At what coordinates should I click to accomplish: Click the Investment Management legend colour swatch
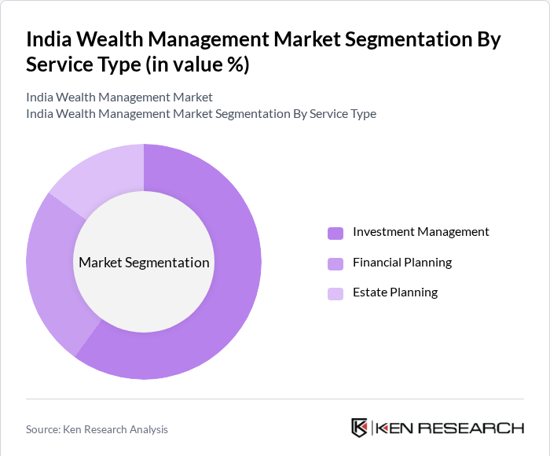(x=335, y=233)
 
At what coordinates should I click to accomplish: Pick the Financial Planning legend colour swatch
(x=335, y=263)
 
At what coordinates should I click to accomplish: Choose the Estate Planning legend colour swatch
(x=335, y=294)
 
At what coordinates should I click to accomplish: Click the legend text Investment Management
(x=420, y=232)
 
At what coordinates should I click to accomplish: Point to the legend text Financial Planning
(x=402, y=263)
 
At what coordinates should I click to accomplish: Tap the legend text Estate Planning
(x=395, y=292)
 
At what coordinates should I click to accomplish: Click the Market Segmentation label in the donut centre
(x=144, y=263)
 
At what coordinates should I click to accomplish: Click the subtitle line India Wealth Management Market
(x=119, y=97)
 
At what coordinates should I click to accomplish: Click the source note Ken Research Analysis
(x=118, y=429)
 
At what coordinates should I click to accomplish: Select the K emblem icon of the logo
(x=359, y=428)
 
